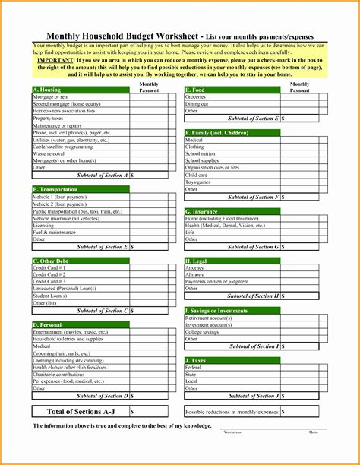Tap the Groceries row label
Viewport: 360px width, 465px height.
(196, 97)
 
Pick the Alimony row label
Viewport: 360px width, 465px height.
(195, 274)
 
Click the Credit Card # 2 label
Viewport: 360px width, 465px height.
(49, 274)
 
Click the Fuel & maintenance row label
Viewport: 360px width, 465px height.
(55, 232)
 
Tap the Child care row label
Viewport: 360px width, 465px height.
(197, 175)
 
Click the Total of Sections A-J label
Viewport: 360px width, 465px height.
(80, 412)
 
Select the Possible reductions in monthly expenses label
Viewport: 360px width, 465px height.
(232, 411)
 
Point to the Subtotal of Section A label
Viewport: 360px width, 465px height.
(103, 175)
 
